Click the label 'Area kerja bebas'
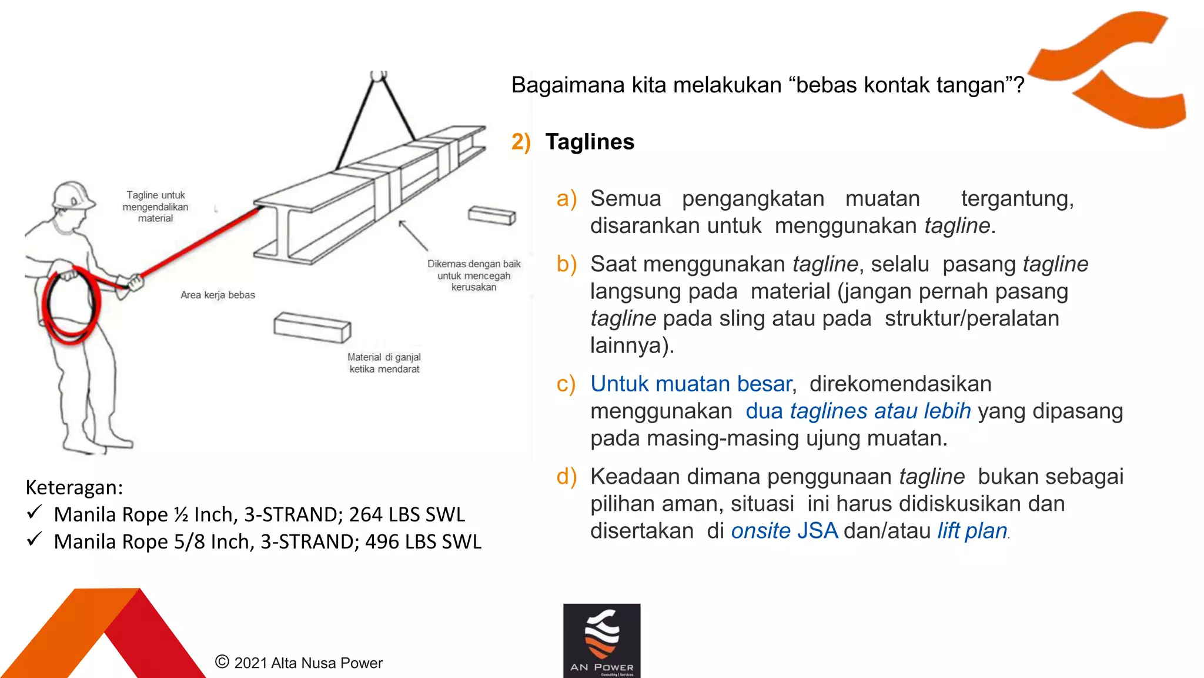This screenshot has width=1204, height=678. pos(218,295)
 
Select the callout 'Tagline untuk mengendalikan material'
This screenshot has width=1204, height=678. pos(155,207)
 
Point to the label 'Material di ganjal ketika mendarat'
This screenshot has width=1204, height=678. pos(384,363)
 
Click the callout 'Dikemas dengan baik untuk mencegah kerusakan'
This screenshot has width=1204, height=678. pos(474,275)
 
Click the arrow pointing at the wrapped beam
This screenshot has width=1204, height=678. pos(413,235)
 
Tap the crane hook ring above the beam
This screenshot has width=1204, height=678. pos(379,75)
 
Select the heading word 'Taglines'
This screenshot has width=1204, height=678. pos(590,142)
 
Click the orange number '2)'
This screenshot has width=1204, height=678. pos(521,142)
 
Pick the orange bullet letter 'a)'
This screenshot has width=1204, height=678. pos(567,199)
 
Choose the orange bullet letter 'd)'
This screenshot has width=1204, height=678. pos(567,477)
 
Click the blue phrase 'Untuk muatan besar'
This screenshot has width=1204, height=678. pos(691,384)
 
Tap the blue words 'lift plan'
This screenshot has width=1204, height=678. pos(972,531)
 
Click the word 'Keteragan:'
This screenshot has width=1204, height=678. pos(74,487)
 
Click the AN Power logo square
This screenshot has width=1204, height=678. pos(601,640)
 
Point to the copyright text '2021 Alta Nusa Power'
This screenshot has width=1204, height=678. pos(308,663)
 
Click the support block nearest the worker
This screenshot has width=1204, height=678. pos(312,327)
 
